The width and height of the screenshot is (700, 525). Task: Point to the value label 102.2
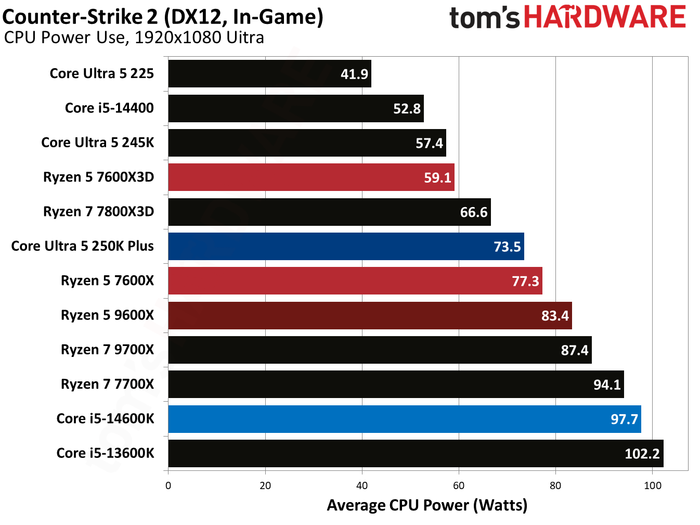click(x=642, y=454)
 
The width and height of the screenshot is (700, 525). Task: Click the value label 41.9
click(x=354, y=74)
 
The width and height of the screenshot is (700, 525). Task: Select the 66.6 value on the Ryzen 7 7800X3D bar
click(x=473, y=212)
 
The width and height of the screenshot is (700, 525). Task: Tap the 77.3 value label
click(x=525, y=281)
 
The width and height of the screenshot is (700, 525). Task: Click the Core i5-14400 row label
click(x=109, y=108)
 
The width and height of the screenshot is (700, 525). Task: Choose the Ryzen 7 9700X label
click(x=107, y=350)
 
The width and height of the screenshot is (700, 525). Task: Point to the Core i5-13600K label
click(x=105, y=453)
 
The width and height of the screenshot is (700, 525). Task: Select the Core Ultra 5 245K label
click(x=98, y=143)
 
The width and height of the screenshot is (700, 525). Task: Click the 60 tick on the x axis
click(x=459, y=486)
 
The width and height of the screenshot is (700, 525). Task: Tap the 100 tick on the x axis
click(x=652, y=486)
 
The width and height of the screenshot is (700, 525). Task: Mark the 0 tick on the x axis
click(x=168, y=486)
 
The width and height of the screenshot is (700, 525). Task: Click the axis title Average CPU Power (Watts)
click(x=427, y=505)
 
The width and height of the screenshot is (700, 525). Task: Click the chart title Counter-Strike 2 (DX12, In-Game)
click(x=163, y=17)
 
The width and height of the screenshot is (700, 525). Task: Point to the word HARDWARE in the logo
click(x=605, y=17)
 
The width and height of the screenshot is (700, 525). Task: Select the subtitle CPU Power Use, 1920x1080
click(x=134, y=38)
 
